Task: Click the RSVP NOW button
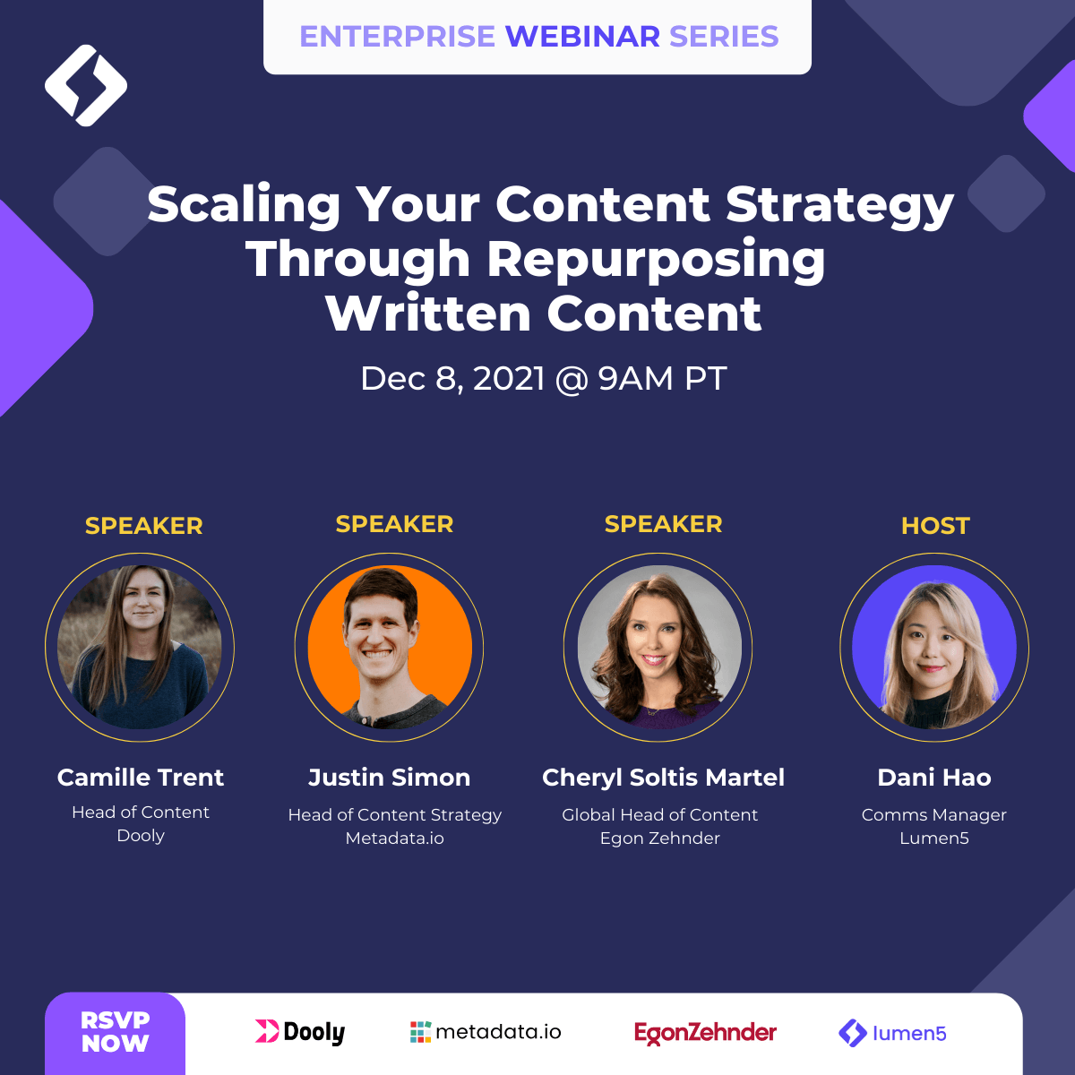tap(115, 1033)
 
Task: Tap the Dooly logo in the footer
tap(300, 1032)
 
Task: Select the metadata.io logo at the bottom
tap(486, 1032)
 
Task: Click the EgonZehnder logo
tap(705, 1033)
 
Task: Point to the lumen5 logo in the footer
tap(892, 1033)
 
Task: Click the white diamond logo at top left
tap(86, 85)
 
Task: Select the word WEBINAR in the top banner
tap(582, 36)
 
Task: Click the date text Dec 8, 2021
tap(452, 379)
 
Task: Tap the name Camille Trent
tap(141, 777)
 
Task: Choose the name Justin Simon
tap(390, 777)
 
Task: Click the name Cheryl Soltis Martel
tap(663, 778)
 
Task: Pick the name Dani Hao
tap(934, 777)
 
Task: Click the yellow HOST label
tap(935, 526)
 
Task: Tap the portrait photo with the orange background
tap(390, 647)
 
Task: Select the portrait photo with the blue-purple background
tap(934, 647)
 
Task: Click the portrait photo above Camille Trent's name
tap(140, 647)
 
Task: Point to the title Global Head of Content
tap(660, 814)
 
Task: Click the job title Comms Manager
tap(934, 815)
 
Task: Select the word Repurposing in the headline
tap(656, 261)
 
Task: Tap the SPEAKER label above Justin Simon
tap(394, 524)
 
